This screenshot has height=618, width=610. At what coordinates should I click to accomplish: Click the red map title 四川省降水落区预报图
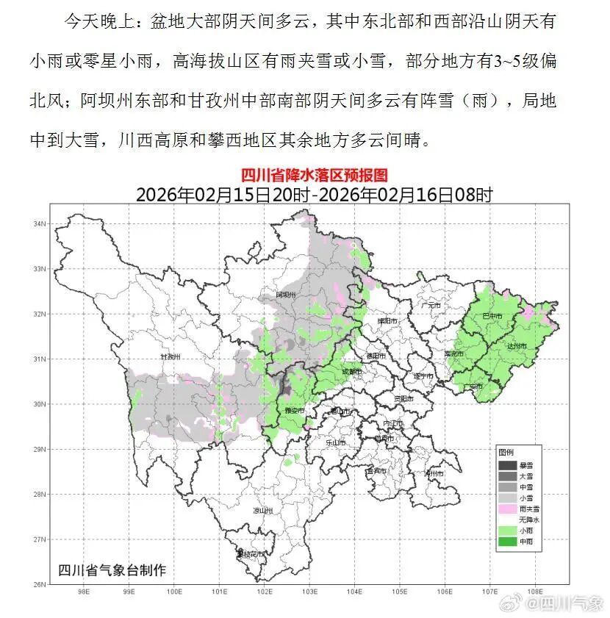point(314,175)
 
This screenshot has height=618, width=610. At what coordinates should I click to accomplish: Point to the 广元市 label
point(431,305)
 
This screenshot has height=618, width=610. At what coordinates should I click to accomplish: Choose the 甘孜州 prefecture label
point(171,357)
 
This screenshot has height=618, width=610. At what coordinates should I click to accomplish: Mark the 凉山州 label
point(262,510)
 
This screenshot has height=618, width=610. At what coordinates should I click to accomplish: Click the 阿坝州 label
point(285,295)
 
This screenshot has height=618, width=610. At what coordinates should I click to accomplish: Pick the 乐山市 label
point(335,442)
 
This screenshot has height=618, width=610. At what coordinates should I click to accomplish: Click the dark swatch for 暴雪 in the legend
point(507,465)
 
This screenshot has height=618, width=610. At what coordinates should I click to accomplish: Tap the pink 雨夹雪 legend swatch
point(507,508)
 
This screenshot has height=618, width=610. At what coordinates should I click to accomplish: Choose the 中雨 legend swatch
point(507,542)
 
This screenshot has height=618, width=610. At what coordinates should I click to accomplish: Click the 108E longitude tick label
point(535,590)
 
